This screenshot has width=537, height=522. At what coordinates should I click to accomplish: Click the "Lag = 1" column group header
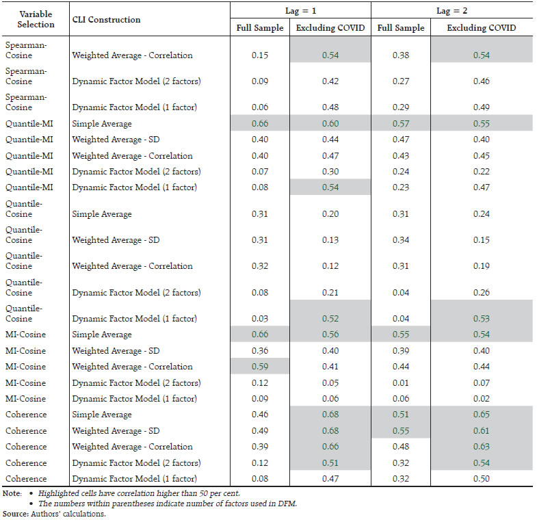[x=300, y=10]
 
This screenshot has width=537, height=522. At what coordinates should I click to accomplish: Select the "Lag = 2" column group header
[x=452, y=10]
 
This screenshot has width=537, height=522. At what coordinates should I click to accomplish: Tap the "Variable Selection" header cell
[x=36, y=19]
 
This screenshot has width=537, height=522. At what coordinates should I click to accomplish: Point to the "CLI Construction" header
[x=106, y=20]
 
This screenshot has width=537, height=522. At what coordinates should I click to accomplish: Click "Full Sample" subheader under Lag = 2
[x=400, y=28]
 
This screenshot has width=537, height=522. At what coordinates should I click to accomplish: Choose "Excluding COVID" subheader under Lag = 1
[x=330, y=28]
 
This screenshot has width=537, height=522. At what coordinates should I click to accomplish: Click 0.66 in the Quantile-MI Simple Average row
[x=259, y=123]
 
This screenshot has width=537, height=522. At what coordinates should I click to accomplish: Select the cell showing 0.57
[x=400, y=123]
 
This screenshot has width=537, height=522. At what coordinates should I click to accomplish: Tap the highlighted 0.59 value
[x=259, y=367]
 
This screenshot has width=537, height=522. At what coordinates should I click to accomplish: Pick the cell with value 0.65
[x=482, y=415]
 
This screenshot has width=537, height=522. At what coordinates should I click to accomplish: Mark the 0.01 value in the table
[x=400, y=383]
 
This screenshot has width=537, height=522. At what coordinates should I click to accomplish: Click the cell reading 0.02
[x=482, y=399]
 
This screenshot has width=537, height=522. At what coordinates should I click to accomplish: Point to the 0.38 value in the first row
[x=400, y=55]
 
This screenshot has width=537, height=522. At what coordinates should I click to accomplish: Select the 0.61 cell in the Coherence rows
[x=482, y=431]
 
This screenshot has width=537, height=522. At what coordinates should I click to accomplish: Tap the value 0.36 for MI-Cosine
[x=259, y=351]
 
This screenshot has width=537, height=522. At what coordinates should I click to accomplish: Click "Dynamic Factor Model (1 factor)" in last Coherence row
[x=135, y=479]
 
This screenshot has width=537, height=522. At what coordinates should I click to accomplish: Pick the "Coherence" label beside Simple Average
[x=26, y=415]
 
